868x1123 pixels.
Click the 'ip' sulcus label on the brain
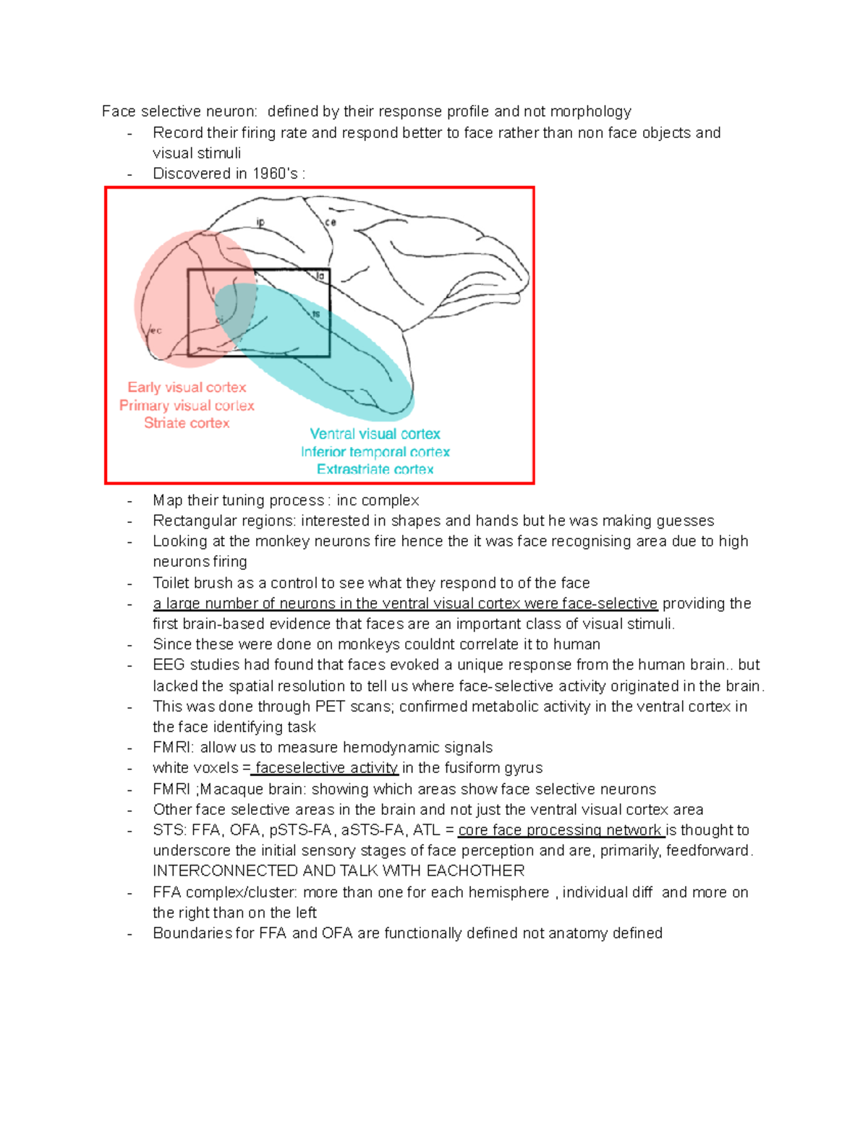click(x=261, y=223)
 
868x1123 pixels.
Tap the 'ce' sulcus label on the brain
click(x=331, y=223)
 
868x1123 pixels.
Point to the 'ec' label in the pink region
click(x=156, y=331)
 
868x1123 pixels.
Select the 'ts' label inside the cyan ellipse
click(x=316, y=314)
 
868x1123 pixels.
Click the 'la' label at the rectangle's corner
click(x=320, y=276)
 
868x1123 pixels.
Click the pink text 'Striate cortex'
click(x=187, y=423)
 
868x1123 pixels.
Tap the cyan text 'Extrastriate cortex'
click(x=375, y=469)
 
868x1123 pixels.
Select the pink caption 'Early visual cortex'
click(x=187, y=388)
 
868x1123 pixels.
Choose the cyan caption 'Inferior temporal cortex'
click(x=375, y=452)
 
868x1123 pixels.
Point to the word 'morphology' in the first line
click(x=590, y=111)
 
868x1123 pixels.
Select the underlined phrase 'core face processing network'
click(x=561, y=830)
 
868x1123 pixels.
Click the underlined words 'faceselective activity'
click(x=326, y=768)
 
